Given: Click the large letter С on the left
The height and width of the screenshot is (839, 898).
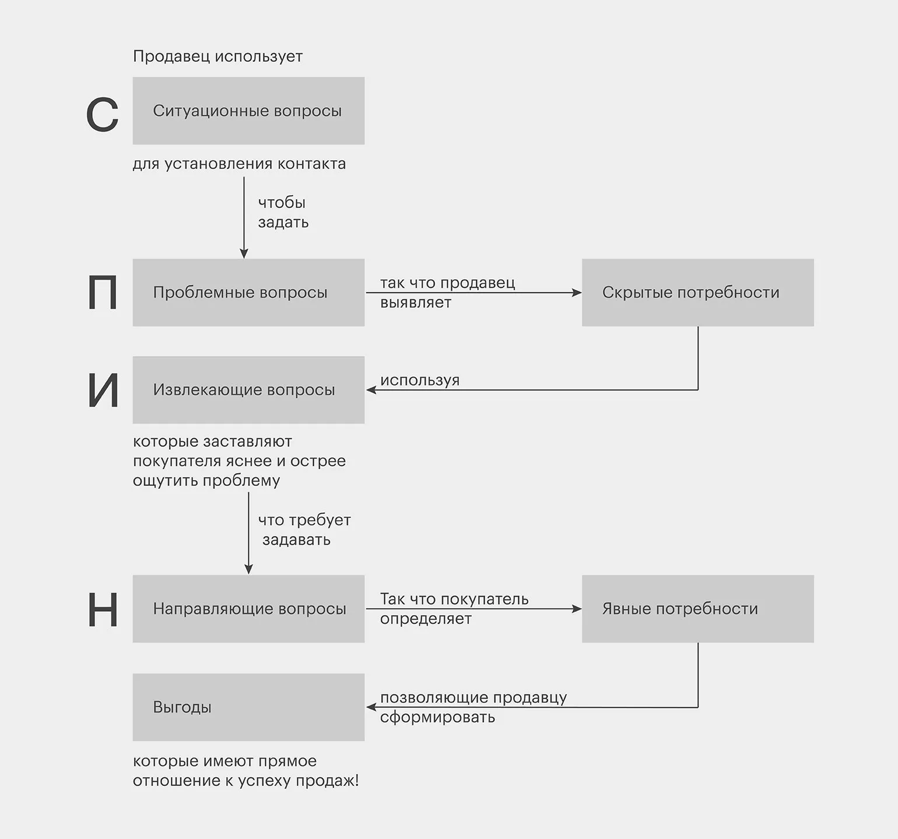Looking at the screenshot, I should coord(103,114).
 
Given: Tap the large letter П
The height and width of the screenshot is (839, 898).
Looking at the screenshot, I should coord(103,293).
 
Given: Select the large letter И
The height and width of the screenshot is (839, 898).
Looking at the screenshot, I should coord(103,391).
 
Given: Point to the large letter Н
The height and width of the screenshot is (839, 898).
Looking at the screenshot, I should coord(103,610).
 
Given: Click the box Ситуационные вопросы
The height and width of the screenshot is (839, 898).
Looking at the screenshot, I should coord(248,111).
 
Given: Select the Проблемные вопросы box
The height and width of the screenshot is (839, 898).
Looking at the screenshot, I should coord(248,292).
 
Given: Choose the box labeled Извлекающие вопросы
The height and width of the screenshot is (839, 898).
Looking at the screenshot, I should coord(248,390).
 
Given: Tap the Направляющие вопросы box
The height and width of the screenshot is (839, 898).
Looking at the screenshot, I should coord(248,609).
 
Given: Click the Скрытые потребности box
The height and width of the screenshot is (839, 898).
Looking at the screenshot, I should coord(697,292).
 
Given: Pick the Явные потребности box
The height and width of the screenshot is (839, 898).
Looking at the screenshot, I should coord(697,609).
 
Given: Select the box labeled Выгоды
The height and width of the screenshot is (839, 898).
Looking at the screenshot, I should coord(248,707).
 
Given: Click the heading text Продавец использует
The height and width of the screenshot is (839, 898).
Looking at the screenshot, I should coord(218,57).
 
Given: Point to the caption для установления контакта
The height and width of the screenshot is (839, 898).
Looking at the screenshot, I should coord(239,164).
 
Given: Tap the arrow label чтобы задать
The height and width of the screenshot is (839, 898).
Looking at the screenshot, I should coord(283,213).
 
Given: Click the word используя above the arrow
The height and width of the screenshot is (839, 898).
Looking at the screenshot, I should coord(420,380).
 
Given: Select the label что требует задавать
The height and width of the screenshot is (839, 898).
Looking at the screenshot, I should coord(304,530).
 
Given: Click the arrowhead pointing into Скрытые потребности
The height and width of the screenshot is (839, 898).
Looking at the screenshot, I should coord(577,292).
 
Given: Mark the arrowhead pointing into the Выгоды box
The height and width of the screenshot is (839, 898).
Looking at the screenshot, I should coord(371,707).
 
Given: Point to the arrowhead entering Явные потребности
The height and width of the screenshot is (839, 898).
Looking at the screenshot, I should coord(577,609).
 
